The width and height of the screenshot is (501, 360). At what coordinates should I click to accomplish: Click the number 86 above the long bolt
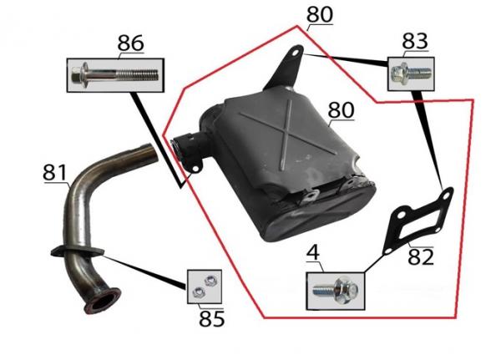(x=130, y=43)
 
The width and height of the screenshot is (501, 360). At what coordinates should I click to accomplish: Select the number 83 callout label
(x=415, y=41)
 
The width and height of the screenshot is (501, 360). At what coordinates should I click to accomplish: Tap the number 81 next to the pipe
(x=54, y=173)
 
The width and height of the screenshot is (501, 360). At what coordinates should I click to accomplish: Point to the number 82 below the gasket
(x=421, y=256)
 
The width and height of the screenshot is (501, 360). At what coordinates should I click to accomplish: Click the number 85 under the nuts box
(x=211, y=318)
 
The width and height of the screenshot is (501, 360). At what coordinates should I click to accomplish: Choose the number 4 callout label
(x=313, y=252)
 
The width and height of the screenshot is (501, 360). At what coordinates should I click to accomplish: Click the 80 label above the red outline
(x=320, y=14)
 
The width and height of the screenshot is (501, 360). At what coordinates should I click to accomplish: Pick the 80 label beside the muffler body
(x=341, y=110)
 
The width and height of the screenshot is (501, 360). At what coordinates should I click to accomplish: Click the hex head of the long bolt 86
(x=76, y=76)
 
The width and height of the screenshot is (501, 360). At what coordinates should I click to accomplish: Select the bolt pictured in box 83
(x=411, y=73)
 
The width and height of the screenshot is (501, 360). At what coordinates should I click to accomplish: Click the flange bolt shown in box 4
(x=335, y=291)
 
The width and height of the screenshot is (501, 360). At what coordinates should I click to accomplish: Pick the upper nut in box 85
(x=210, y=281)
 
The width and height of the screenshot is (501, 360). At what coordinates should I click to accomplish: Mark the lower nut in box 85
(x=197, y=292)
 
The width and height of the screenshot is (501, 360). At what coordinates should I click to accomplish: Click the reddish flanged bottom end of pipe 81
(x=103, y=302)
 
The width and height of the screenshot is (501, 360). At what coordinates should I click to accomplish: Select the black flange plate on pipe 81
(x=78, y=251)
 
